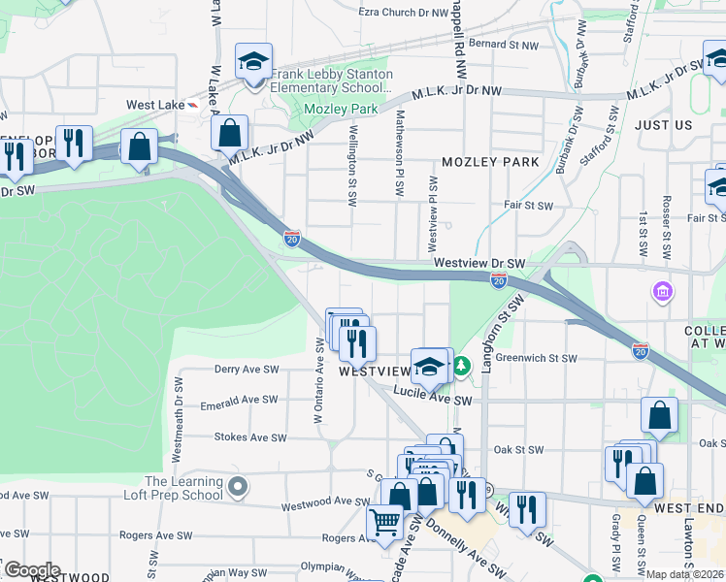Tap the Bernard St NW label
click(x=503, y=44)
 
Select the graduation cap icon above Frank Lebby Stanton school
click(x=253, y=62)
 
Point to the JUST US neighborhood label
click(x=664, y=125)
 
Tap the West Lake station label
click(x=154, y=105)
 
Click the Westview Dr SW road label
click(x=479, y=263)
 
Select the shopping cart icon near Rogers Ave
click(x=385, y=523)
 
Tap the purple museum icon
click(x=663, y=291)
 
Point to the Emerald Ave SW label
click(x=239, y=400)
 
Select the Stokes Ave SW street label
click(x=250, y=437)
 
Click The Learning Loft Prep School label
click(x=184, y=487)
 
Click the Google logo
click(x=31, y=570)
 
